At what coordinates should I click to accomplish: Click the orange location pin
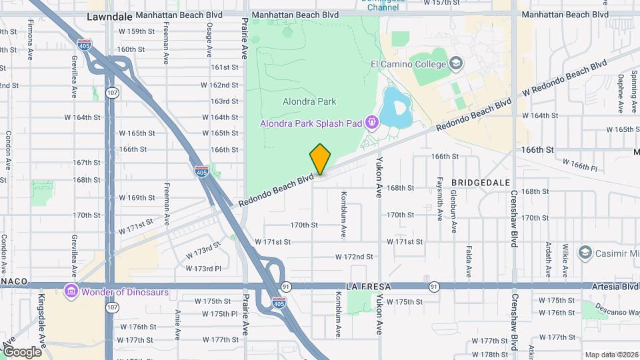(x=321, y=159)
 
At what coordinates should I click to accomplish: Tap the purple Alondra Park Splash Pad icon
(x=372, y=123)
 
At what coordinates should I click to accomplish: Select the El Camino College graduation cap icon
(x=456, y=64)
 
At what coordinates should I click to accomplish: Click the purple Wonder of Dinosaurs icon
(x=71, y=291)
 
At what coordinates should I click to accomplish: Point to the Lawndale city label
(x=108, y=17)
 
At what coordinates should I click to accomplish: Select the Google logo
(x=22, y=352)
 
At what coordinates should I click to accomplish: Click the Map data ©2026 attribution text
(x=611, y=355)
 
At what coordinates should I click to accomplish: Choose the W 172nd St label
(x=354, y=257)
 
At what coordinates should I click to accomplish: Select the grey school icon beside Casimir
(x=585, y=253)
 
